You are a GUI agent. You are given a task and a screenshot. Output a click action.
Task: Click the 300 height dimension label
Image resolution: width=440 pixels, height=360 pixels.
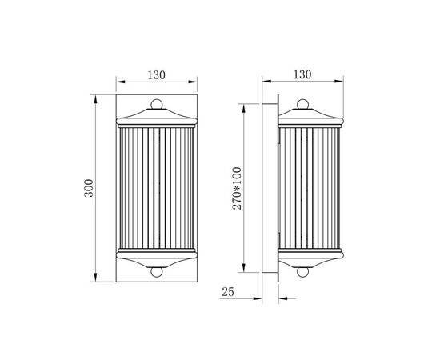coord(89,188)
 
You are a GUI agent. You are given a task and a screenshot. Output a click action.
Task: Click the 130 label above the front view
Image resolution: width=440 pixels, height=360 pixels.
coord(156,75)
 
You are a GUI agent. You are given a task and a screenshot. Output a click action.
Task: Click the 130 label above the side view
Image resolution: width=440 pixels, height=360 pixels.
coord(302,74)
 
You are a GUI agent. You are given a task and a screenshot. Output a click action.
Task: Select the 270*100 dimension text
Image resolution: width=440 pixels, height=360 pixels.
coord(237,188)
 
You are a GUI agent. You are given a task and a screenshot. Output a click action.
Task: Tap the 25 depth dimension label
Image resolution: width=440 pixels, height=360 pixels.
coord(227,292)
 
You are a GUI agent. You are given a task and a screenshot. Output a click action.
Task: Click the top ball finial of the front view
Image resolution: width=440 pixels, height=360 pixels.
coord(157,104)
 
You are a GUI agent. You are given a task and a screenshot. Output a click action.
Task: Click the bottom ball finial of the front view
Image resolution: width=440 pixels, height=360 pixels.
coord(157,272)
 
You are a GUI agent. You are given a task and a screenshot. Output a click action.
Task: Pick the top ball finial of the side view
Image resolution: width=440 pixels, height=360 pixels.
coord(302,104)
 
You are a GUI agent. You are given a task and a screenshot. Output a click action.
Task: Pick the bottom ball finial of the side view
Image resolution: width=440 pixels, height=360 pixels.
coord(302,272)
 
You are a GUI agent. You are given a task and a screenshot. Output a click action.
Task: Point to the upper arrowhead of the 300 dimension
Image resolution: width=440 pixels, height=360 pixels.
coord(96,99)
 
